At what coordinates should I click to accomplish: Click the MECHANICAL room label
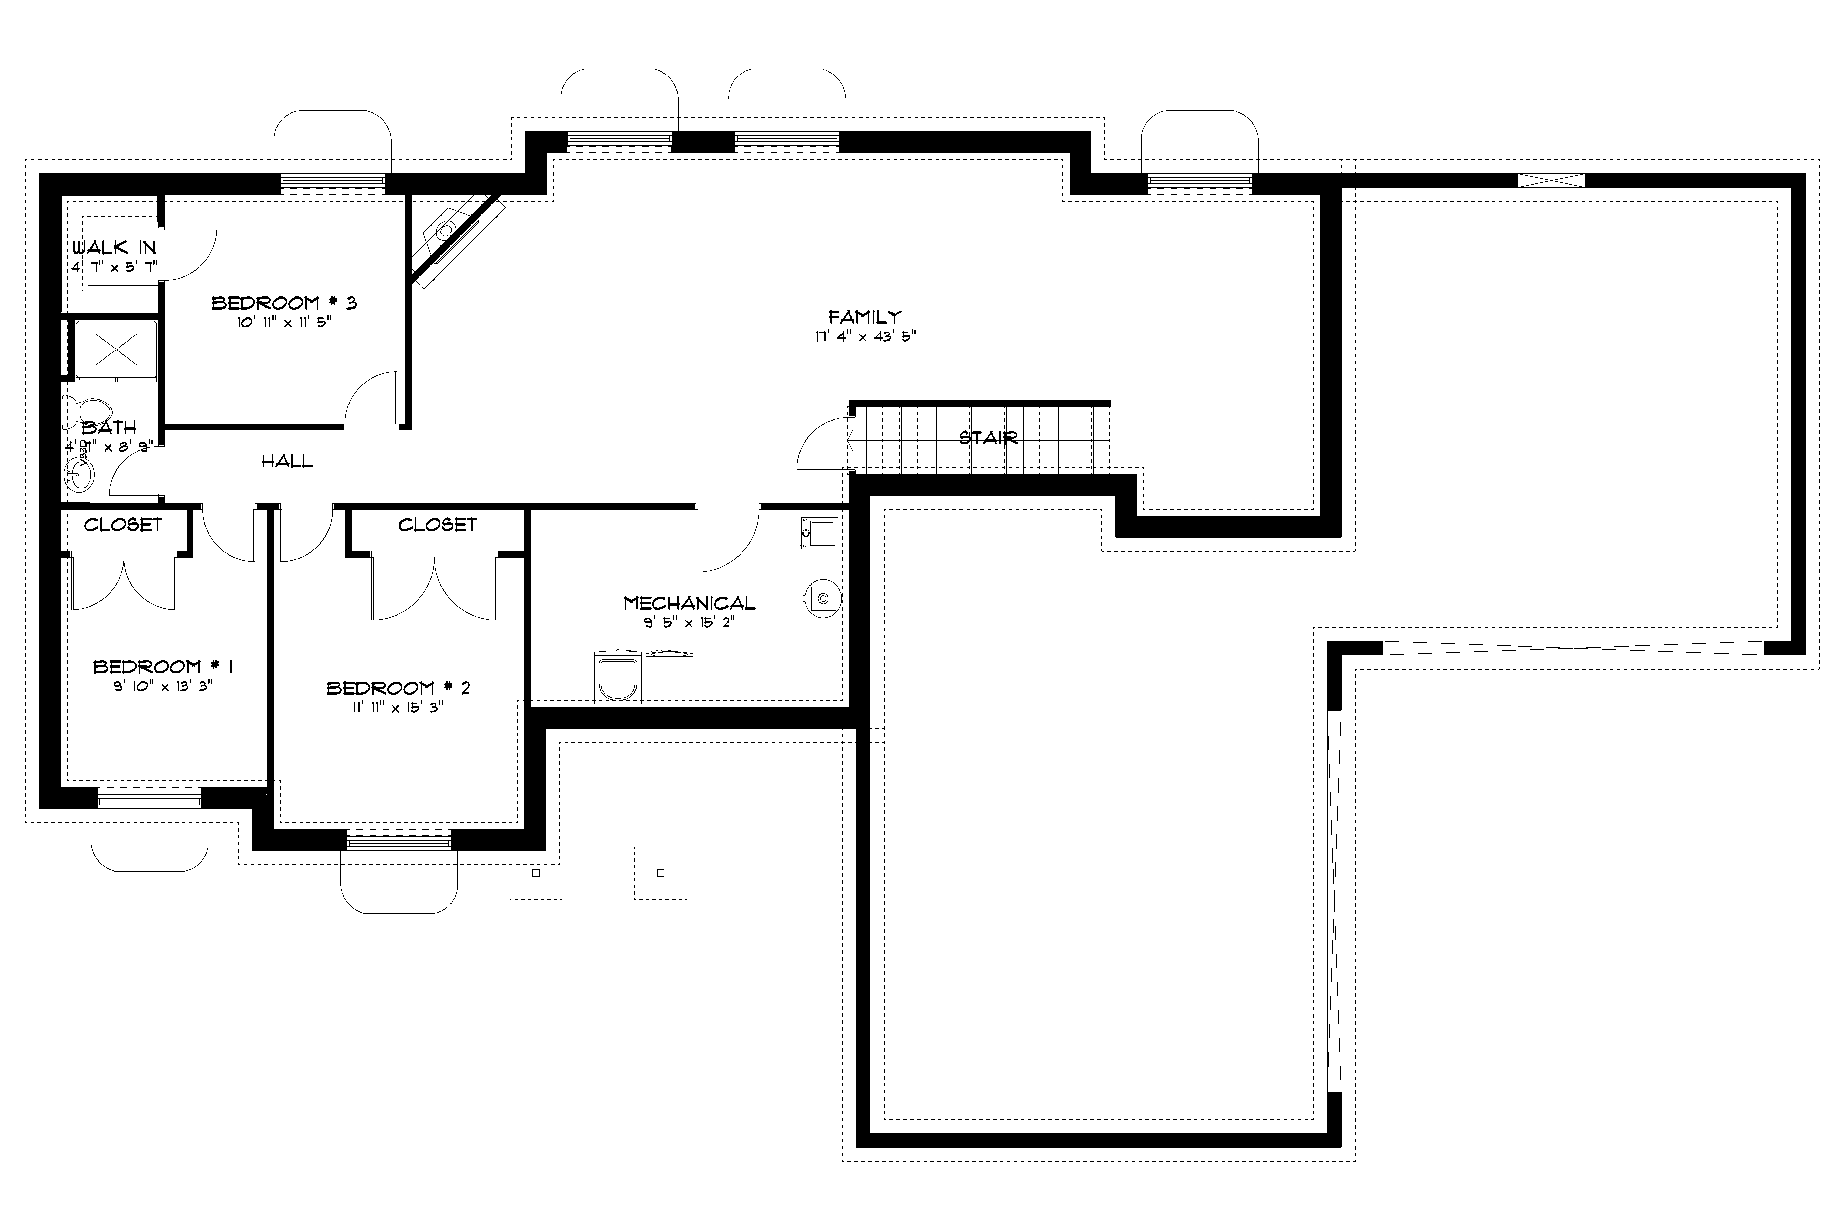coord(689,603)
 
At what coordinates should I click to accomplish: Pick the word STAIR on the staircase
coord(988,438)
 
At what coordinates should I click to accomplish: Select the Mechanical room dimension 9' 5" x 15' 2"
coord(689,623)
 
